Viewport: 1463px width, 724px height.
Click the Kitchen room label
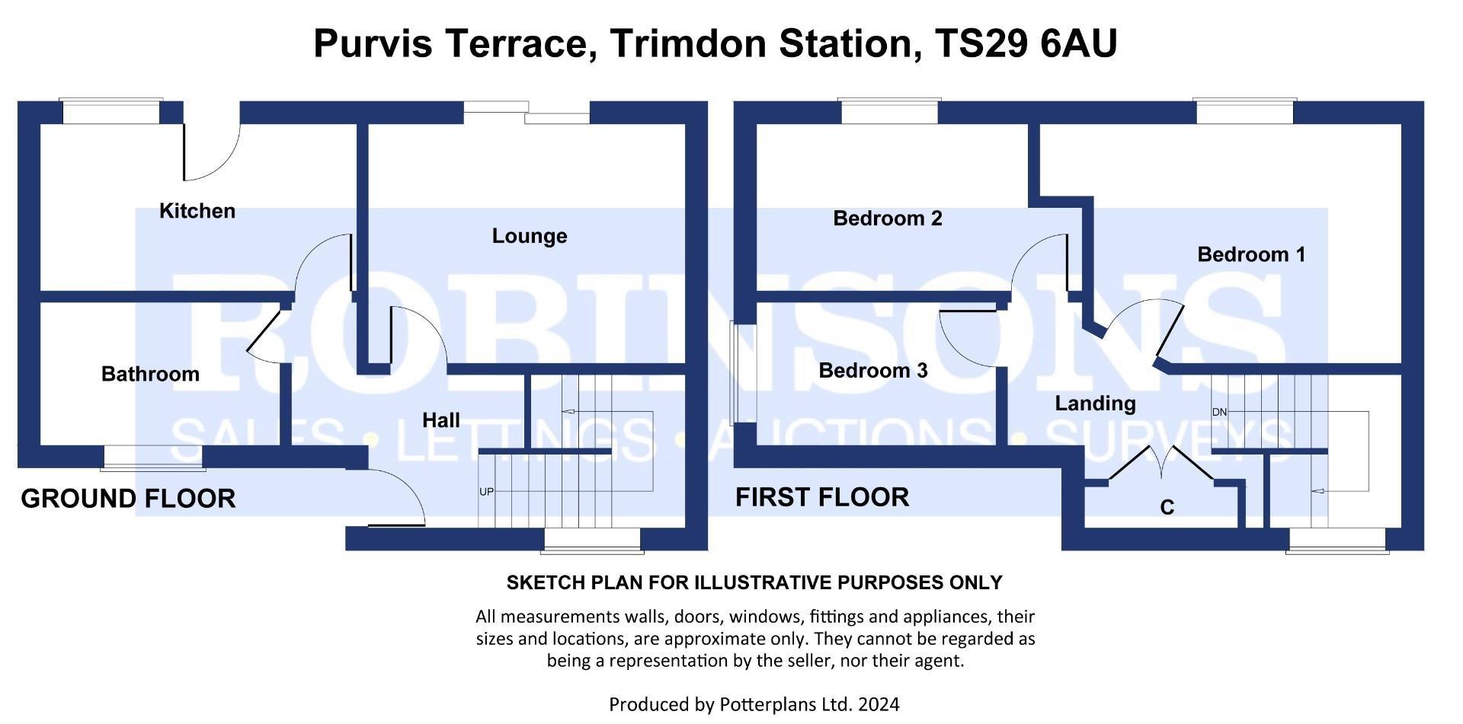pos(197,211)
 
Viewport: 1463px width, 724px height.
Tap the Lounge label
pos(529,236)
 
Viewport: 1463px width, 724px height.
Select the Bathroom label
pos(150,374)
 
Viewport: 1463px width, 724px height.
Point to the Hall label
pos(440,420)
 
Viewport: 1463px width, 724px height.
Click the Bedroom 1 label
pos(1250,254)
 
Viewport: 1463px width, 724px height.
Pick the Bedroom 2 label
pos(887,218)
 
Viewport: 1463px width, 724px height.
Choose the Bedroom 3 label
pos(872,371)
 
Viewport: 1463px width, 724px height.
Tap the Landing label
pos(1094,403)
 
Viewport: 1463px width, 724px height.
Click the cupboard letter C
pos(1166,507)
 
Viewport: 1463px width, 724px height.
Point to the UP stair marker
pos(486,492)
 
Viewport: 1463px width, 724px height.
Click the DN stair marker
pos(1219,412)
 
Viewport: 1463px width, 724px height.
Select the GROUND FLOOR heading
pos(127,499)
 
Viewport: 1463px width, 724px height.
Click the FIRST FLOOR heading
pos(821,497)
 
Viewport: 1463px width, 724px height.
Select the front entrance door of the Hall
pos(392,499)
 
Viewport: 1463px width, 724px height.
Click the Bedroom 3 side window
pos(734,373)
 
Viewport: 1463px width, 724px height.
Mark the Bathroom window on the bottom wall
pos(153,457)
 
